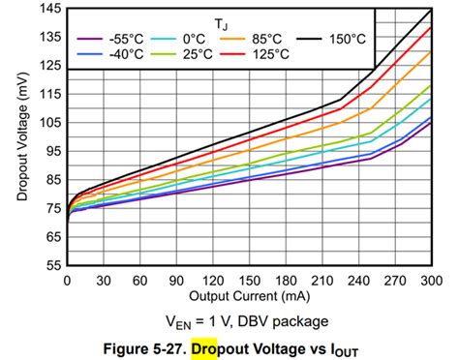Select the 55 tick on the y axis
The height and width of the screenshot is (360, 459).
tap(49, 264)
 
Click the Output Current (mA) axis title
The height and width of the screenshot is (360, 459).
tap(249, 294)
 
